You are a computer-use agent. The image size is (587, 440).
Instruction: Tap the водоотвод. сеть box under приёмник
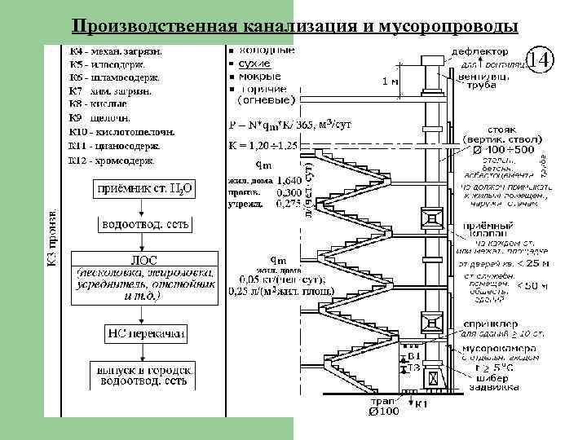(x=145, y=223)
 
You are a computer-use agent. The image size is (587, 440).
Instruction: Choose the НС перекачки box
(x=145, y=332)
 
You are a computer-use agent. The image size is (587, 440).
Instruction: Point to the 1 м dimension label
(x=389, y=81)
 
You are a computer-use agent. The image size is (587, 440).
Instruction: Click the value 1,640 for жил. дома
(x=288, y=181)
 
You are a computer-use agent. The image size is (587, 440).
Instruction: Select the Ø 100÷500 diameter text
(x=497, y=150)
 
